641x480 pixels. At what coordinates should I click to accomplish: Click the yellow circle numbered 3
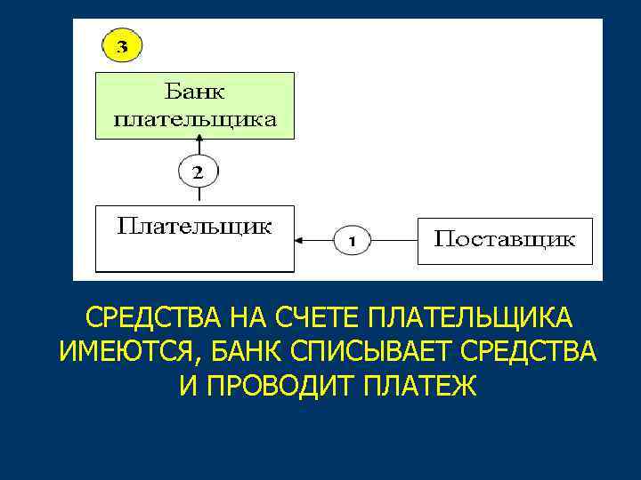tap(123, 45)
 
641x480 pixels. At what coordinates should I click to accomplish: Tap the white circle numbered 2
tap(198, 172)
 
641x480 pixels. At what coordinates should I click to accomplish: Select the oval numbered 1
tap(352, 239)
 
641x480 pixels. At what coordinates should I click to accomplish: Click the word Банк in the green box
tap(195, 91)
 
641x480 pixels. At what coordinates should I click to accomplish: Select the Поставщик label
tap(504, 239)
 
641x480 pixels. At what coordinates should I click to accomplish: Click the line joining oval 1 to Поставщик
tap(394, 239)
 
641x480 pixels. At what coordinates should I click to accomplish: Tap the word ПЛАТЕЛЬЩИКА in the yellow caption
tap(469, 318)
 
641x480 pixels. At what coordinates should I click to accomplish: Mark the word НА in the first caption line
tap(242, 318)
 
